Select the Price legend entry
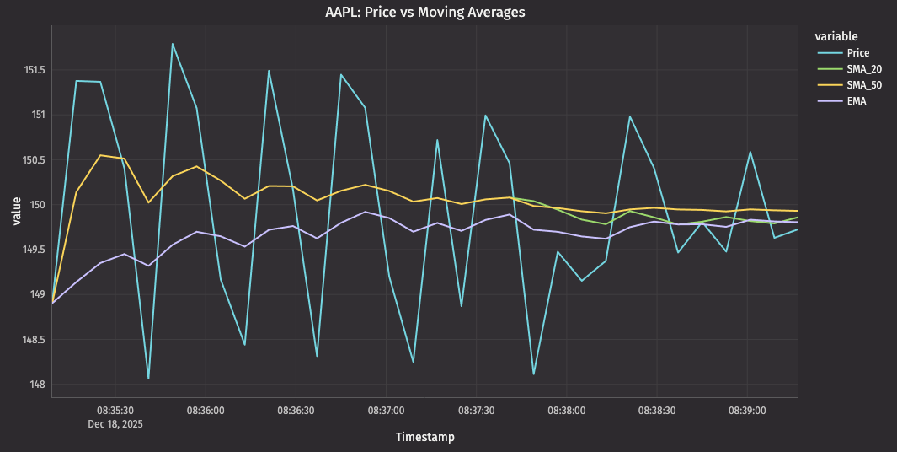[857, 53]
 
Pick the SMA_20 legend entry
[863, 69]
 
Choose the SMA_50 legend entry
[863, 85]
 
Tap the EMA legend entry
[857, 101]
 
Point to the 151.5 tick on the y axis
[35, 70]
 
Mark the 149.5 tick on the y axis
[35, 250]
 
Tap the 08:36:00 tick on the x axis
[206, 411]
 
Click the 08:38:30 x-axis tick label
[657, 411]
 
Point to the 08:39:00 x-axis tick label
[747, 411]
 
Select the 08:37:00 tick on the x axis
[386, 411]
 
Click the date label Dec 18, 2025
[115, 424]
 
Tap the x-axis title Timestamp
[424, 438]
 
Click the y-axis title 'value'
[16, 211]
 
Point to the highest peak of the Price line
[173, 44]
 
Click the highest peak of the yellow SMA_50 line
[100, 155]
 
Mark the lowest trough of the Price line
[148, 379]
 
